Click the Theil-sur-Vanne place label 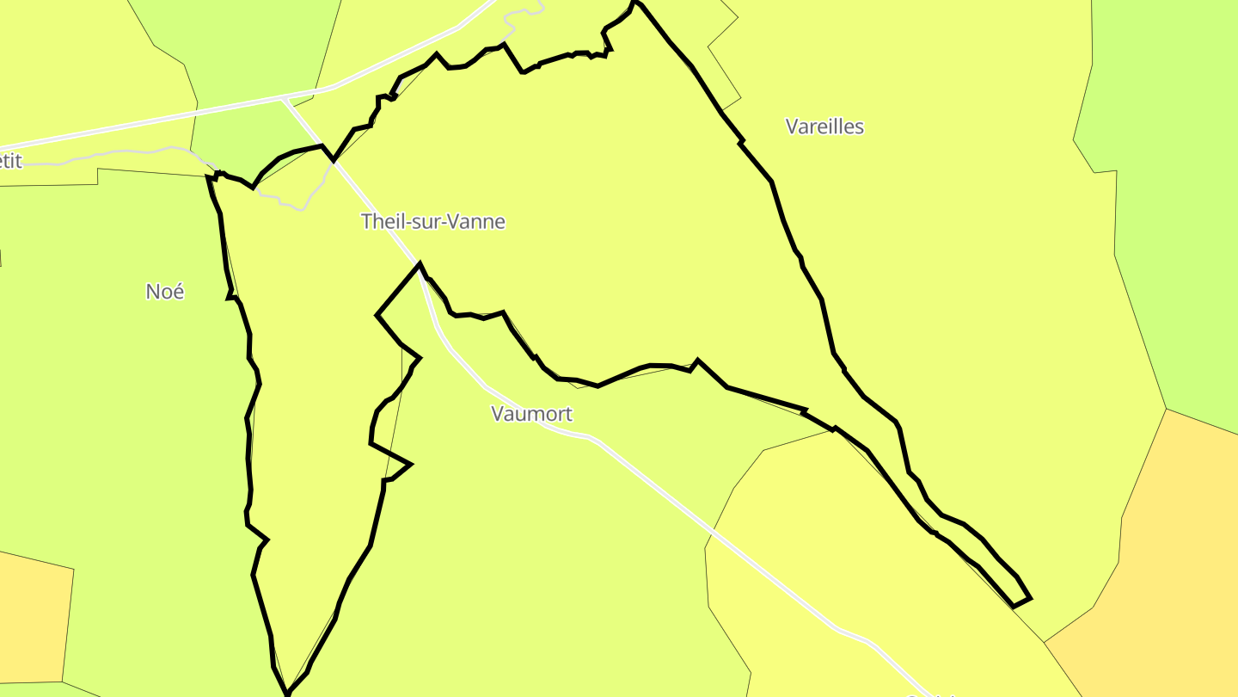[x=433, y=221]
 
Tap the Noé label [x=165, y=292]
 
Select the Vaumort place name [x=531, y=414]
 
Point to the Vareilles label [x=824, y=126]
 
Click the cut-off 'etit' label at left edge [x=10, y=161]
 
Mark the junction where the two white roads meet [x=284, y=99]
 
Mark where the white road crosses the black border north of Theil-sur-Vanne [x=334, y=160]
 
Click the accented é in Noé [x=178, y=292]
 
